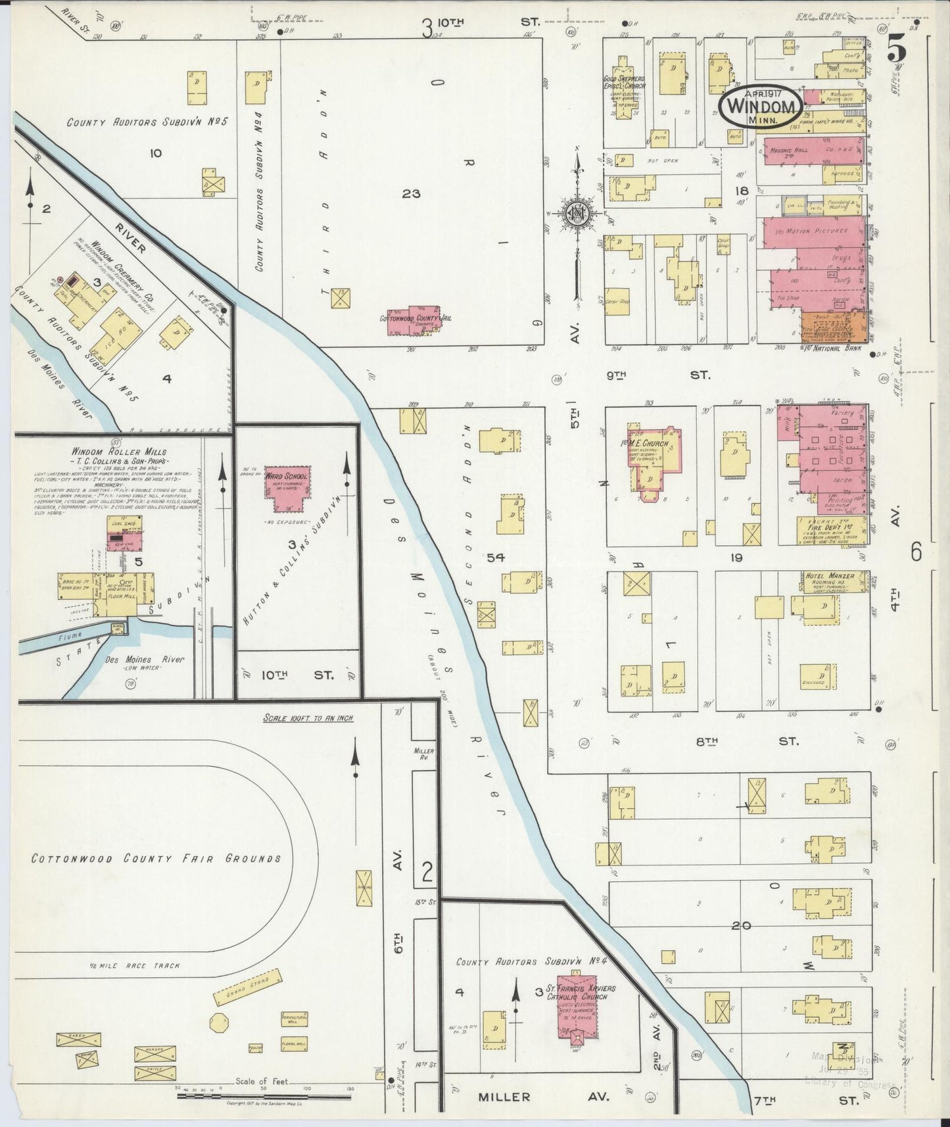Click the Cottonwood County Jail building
pos(414,321)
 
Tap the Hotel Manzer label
pos(830,576)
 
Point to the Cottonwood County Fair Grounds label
pos(156,858)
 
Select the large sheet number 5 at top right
pos(895,49)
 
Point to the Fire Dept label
pos(830,527)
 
